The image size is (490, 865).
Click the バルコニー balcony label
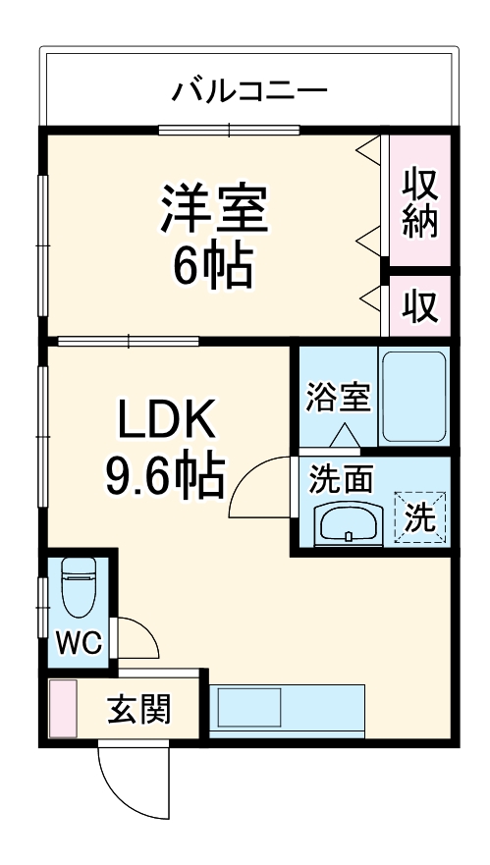(x=249, y=92)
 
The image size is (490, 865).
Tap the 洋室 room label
(x=215, y=208)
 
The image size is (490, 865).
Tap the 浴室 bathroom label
(x=338, y=399)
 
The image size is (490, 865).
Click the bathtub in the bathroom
(x=413, y=395)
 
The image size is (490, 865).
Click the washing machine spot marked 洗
(x=419, y=516)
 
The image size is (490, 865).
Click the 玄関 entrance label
(x=139, y=708)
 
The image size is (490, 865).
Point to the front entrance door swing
(x=125, y=781)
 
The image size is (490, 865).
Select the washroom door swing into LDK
(x=260, y=487)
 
